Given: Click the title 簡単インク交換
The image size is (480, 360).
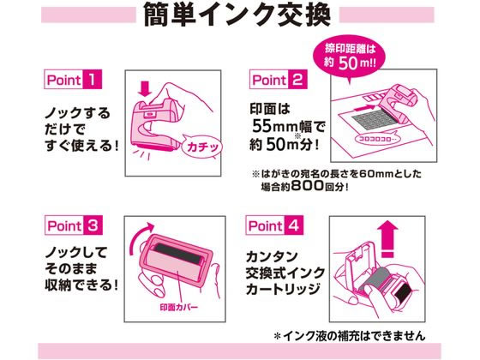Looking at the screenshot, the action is click(237, 15).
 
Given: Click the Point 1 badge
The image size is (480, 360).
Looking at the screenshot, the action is click(73, 80).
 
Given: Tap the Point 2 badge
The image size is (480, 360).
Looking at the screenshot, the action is click(279, 80).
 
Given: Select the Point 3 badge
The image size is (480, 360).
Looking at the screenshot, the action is click(74, 225).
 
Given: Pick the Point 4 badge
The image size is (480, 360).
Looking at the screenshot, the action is click(274, 225).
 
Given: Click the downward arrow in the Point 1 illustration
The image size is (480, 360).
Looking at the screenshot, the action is click(145, 89).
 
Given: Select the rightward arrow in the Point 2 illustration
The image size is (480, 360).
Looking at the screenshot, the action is click(364, 108).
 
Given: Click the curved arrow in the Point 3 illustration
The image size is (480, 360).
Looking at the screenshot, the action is click(139, 237).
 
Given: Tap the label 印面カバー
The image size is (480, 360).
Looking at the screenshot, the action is click(179, 308).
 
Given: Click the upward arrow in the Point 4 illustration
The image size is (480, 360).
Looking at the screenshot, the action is click(387, 239).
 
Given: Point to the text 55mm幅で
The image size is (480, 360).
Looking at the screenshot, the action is click(288, 126).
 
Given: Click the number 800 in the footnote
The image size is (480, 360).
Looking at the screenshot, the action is click(308, 185).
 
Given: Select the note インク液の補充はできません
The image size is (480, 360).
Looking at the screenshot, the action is click(350, 336).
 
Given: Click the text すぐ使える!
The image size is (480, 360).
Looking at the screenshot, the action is click(81, 145).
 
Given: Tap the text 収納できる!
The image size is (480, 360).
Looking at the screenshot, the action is click(81, 285).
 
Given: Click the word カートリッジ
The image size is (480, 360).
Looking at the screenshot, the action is click(283, 290).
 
